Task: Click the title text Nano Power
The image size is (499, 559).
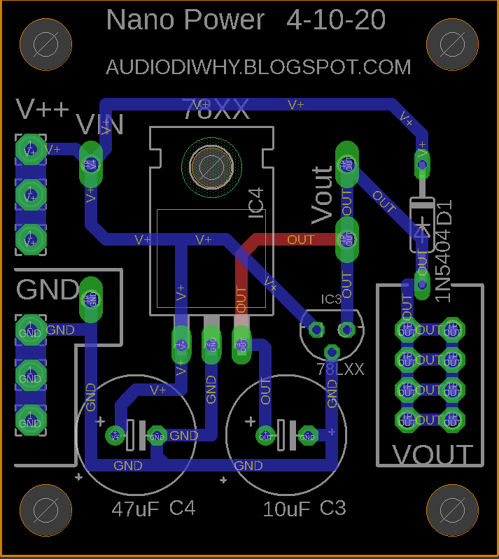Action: pos(185,20)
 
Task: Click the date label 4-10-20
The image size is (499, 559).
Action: pos(336,20)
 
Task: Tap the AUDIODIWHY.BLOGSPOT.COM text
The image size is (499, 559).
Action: pos(258,67)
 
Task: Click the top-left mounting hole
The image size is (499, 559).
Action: pos(45,43)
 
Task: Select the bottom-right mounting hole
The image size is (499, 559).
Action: pos(451,511)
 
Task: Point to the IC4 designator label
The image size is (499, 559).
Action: pos(256,201)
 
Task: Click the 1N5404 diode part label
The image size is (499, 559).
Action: pos(444,267)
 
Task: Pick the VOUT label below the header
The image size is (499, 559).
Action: pos(433,455)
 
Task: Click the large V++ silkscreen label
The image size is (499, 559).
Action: pos(43,109)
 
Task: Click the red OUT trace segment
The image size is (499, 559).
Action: pos(294,240)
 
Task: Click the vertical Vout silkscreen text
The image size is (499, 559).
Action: pos(322,195)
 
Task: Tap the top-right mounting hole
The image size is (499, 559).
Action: pos(451,43)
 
